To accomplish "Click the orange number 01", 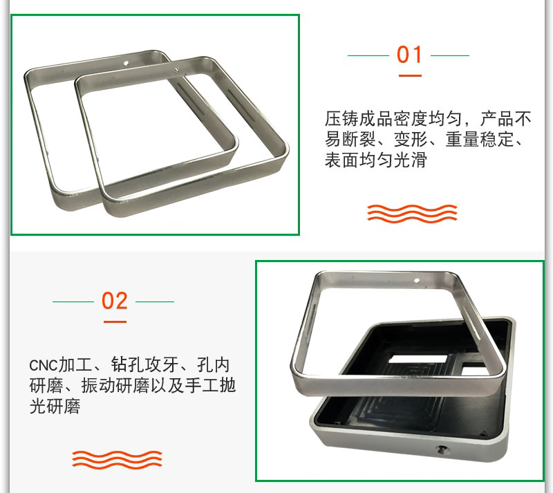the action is click(x=409, y=55).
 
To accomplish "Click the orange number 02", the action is click(x=114, y=301).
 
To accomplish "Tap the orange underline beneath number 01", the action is click(x=410, y=75).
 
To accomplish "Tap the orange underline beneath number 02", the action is click(x=115, y=322).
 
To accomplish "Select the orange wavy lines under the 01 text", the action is click(x=412, y=213).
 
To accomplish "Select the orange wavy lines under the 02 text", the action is click(x=117, y=460).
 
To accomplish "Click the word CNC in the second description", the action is click(x=43, y=366).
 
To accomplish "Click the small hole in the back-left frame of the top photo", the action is click(x=126, y=64).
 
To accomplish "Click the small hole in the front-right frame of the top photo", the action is click(x=177, y=70).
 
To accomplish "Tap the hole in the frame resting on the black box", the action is click(x=417, y=281).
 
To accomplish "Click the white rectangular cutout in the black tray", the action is click(x=418, y=360).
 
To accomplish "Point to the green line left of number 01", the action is click(x=368, y=55).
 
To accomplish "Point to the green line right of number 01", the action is click(x=450, y=55).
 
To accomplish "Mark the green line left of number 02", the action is click(x=73, y=301).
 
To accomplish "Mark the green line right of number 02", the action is click(x=155, y=301).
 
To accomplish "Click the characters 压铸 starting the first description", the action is click(x=341, y=119).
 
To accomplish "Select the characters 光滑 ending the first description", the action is click(x=410, y=160).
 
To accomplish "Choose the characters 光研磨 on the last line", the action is click(x=55, y=406).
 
